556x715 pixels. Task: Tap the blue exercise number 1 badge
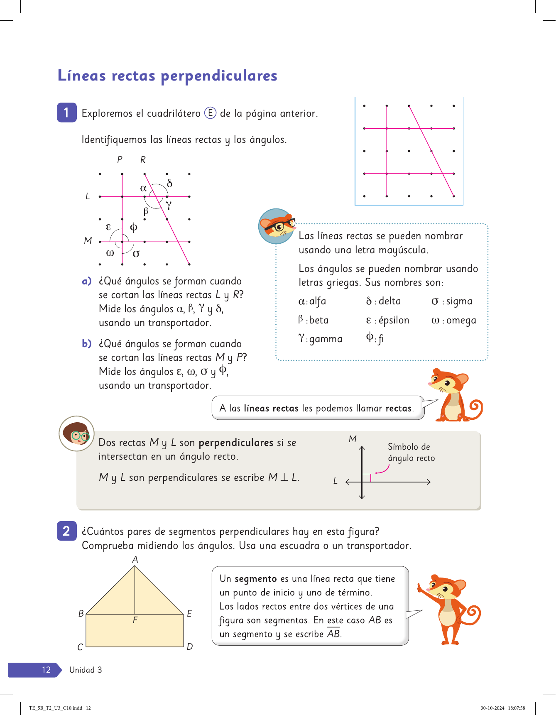point(66,113)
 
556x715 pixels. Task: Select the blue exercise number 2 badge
point(66,531)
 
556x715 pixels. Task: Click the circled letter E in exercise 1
point(210,113)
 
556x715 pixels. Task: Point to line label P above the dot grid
point(120,160)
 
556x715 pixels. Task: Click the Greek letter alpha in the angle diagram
point(143,189)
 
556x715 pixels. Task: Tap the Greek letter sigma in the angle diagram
point(136,253)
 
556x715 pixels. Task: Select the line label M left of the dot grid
point(88,241)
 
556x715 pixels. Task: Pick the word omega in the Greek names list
point(461,321)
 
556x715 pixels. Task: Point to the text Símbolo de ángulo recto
point(411,452)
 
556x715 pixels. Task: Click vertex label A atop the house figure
point(135,560)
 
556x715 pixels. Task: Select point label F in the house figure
point(135,620)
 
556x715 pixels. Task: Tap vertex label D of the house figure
point(190,646)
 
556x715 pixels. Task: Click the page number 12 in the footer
point(46,670)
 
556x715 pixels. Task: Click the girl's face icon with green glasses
point(76,433)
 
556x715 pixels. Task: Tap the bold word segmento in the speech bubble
point(255,579)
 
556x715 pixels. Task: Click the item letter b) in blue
point(86,344)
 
